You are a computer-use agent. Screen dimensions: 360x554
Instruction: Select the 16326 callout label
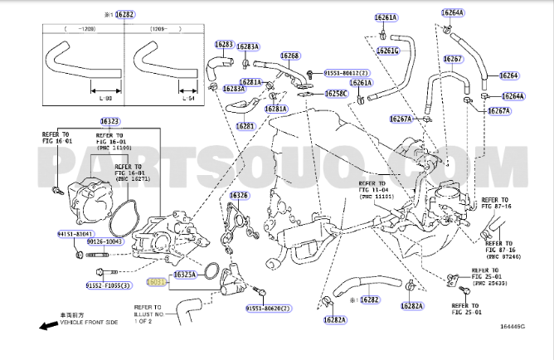pos(239,197)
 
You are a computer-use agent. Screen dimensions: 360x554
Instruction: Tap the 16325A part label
pos(185,274)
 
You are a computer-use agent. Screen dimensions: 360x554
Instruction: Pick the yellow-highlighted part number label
pos(156,283)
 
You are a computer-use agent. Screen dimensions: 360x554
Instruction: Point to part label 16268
pos(289,56)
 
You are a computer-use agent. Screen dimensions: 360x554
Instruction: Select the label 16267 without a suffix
pos(452,59)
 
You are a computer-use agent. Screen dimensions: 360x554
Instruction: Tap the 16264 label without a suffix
pos(509,75)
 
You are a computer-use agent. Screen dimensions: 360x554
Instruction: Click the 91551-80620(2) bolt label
pos(268,309)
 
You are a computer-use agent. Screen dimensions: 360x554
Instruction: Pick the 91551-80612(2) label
pos(343,71)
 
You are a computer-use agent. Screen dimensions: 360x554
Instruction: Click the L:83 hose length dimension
pos(105,100)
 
